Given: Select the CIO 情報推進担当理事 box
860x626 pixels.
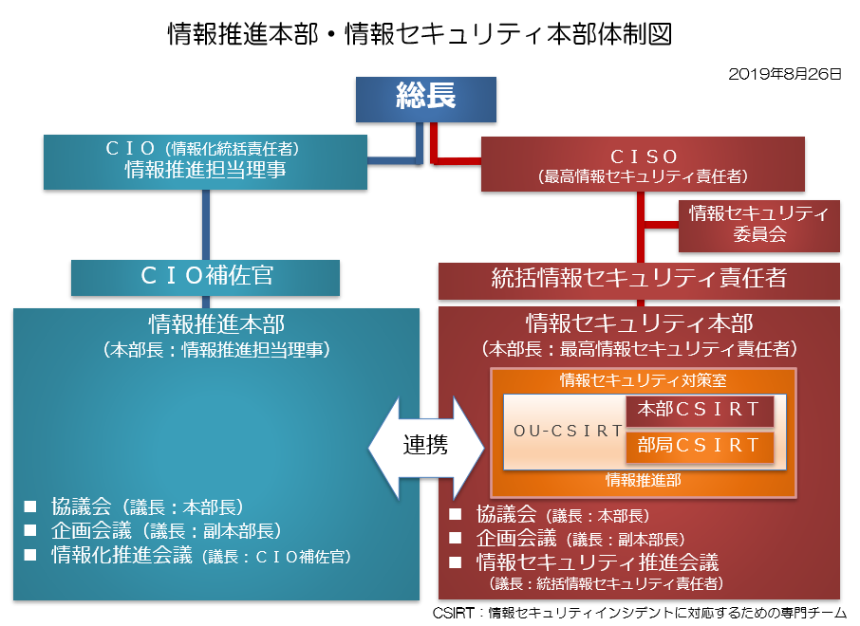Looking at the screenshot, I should click(x=206, y=161).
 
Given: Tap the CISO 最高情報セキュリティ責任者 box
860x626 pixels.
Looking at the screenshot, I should click(x=643, y=164).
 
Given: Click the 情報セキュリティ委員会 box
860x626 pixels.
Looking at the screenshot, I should click(x=758, y=225).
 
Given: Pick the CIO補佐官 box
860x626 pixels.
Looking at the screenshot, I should click(x=206, y=277).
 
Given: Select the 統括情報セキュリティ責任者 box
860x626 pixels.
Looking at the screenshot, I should click(x=639, y=280).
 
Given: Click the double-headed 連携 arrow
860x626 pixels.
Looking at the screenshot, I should click(x=424, y=444).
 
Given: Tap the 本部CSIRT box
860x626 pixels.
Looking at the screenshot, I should click(x=700, y=411).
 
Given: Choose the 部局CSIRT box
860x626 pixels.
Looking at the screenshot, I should click(x=700, y=446).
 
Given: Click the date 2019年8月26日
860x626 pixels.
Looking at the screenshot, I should click(x=784, y=72).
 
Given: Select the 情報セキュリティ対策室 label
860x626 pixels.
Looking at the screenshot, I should click(x=643, y=381).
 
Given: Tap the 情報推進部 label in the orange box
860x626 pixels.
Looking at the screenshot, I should click(x=643, y=481).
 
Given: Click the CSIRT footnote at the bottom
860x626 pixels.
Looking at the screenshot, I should click(x=639, y=613).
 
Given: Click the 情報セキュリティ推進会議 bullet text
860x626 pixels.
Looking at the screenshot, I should click(x=597, y=562).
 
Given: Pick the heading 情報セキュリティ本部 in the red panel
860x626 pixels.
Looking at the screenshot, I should click(x=639, y=323).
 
